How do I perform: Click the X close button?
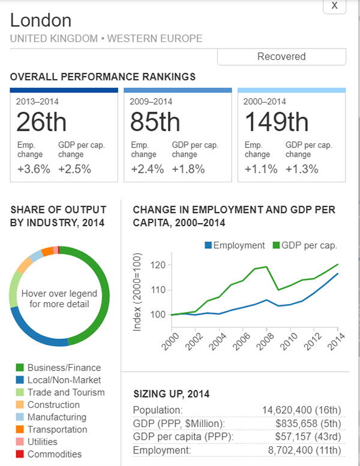coord(334,5)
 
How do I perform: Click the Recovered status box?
coord(281,56)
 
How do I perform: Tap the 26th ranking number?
coord(41,122)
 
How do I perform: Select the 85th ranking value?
coord(155,122)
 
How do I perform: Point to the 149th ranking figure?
coord(277,122)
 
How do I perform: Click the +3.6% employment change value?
coord(33,169)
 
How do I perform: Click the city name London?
coord(41,20)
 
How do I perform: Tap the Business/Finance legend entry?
coord(64,368)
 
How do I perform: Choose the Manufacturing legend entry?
coord(57,417)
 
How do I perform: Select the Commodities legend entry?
coord(55,454)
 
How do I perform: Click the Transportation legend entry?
coord(58,429)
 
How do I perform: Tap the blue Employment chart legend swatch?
coord(208,245)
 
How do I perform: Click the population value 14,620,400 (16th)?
coord(302,410)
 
